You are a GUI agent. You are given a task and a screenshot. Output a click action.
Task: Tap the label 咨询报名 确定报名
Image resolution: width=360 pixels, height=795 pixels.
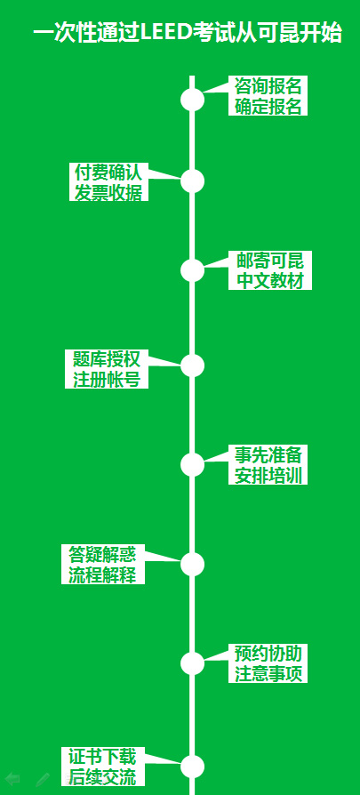[268, 96]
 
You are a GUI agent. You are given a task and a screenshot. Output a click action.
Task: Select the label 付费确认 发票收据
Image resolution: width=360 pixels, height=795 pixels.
[108, 181]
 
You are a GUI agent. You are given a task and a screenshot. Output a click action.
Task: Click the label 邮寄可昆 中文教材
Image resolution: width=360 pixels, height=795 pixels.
[269, 270]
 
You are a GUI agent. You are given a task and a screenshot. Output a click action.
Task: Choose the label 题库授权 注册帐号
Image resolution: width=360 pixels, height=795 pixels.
[107, 369]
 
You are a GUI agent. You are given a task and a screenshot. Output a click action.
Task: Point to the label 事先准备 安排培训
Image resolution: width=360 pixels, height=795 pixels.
[268, 464]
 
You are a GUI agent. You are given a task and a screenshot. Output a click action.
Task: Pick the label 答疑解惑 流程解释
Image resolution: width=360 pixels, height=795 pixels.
[103, 565]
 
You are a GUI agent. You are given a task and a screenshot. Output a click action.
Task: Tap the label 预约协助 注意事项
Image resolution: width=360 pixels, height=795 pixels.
[268, 663]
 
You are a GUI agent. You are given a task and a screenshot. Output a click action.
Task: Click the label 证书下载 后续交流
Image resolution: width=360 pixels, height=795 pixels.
[103, 767]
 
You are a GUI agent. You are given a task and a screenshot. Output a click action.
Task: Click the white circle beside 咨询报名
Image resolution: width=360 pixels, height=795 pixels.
[192, 99]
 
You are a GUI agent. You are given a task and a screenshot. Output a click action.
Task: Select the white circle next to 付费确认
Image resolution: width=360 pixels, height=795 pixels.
[192, 181]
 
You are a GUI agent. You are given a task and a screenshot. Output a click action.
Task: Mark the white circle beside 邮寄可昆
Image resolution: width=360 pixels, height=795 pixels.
[192, 270]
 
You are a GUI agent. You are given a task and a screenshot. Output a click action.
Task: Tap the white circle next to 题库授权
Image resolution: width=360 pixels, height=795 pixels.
[192, 365]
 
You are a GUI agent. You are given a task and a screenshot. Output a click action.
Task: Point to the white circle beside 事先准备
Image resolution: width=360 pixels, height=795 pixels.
[192, 464]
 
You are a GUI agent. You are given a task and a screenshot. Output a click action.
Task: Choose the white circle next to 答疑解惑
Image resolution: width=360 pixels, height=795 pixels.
[192, 564]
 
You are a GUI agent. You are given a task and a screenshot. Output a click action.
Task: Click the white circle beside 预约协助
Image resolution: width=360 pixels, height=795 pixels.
[192, 663]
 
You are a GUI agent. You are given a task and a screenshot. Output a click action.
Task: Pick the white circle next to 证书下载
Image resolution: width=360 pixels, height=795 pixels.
[192, 767]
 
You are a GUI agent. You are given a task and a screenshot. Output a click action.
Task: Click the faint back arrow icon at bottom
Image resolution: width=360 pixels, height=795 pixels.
[12, 779]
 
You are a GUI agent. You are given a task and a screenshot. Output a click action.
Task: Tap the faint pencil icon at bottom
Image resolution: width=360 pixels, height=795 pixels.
[43, 779]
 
